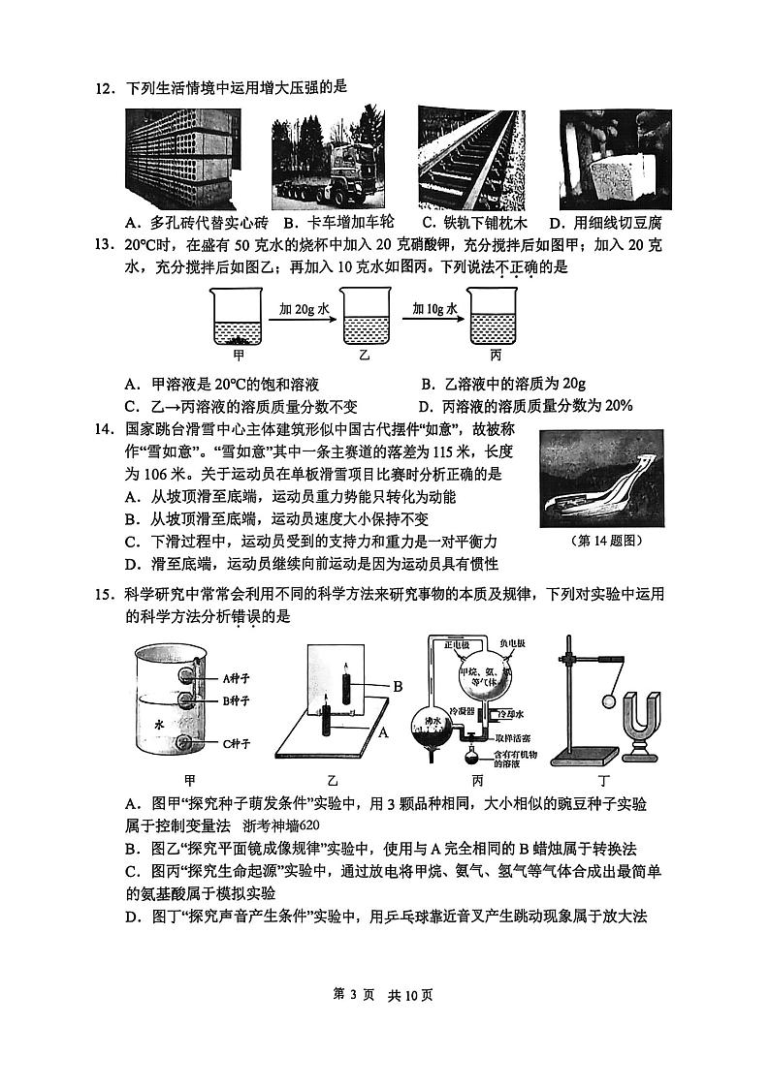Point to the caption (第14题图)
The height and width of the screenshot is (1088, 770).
pos(607,541)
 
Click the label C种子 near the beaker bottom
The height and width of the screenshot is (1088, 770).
pos(238,744)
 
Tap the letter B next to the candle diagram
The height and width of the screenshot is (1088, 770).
pos(397,686)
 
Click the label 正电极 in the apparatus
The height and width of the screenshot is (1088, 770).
pos(456,644)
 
